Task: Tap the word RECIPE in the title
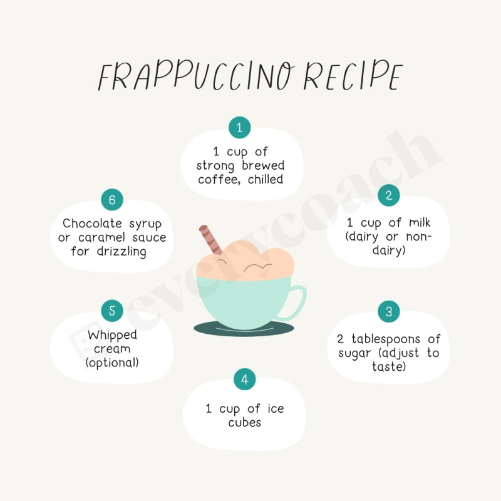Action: (351, 77)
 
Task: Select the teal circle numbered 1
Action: (239, 127)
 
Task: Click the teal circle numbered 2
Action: (388, 195)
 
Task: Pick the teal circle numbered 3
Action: (388, 311)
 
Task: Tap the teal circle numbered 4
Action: (244, 380)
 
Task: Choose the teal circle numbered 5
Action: (112, 311)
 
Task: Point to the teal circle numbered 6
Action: (112, 200)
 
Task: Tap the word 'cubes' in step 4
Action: (244, 422)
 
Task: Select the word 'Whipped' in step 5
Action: (112, 335)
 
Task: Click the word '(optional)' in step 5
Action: (112, 363)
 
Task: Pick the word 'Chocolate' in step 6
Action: (91, 224)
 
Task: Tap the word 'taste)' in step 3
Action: (388, 367)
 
